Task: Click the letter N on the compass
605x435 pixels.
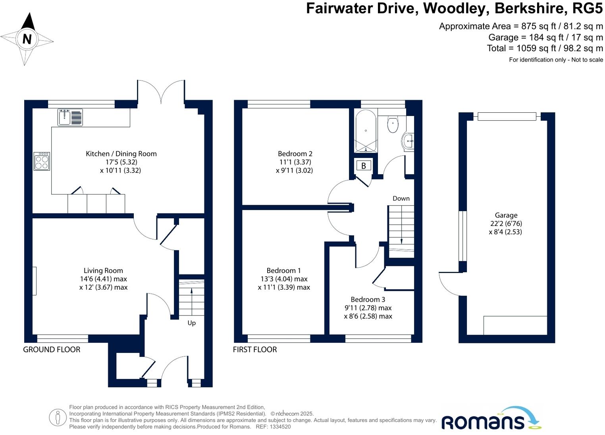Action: [27, 39]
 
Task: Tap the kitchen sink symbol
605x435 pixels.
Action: [70, 117]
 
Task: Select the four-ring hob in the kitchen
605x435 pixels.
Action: [42, 161]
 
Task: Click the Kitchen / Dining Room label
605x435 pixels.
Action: [121, 154]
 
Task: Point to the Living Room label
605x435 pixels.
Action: [103, 271]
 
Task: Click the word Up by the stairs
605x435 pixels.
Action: [191, 323]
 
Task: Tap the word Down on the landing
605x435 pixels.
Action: [401, 198]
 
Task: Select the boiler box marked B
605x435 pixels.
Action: [363, 166]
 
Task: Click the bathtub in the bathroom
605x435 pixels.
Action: [366, 131]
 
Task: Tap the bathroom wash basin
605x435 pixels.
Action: [408, 141]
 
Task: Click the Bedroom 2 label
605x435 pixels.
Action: [295, 154]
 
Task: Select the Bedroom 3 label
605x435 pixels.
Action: [368, 299]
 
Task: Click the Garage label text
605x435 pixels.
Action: [506, 215]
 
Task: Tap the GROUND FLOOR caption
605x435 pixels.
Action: [52, 349]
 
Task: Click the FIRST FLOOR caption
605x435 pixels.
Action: [255, 349]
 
